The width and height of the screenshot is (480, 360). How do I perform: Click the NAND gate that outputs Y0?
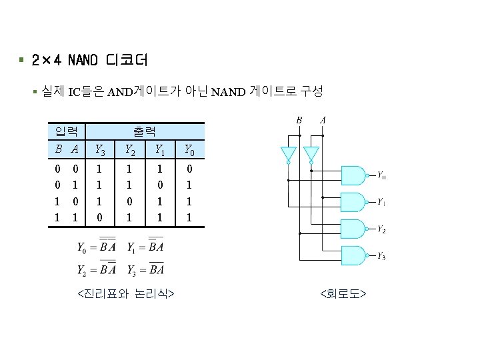click(354, 175)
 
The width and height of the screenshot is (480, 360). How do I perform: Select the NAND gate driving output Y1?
click(354, 202)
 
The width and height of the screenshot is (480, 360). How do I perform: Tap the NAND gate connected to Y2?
click(354, 229)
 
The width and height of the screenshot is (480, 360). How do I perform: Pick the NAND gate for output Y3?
click(354, 255)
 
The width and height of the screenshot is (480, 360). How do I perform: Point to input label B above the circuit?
click(299, 120)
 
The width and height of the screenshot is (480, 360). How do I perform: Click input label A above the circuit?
click(323, 120)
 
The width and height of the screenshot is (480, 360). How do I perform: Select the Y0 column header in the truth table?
click(190, 150)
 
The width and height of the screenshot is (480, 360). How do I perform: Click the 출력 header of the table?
click(144, 131)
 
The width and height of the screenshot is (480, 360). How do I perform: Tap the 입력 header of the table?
click(67, 131)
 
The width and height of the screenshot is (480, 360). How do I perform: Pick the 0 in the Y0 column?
click(190, 170)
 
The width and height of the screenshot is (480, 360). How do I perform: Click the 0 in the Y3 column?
click(99, 217)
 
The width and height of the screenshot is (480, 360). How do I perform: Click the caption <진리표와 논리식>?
click(126, 293)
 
